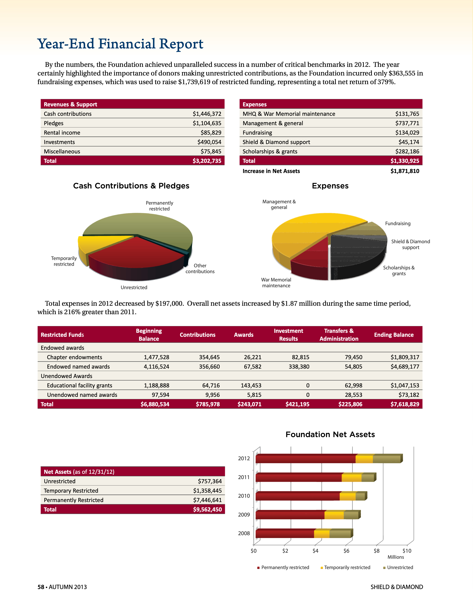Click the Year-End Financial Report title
120,44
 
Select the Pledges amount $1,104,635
207,123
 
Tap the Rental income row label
62,133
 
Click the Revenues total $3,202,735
207,161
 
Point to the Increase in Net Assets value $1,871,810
405,171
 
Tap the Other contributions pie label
200,269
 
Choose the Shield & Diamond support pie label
411,244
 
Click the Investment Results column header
288,335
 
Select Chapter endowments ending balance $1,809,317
405,357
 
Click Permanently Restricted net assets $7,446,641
207,500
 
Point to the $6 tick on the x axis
346,551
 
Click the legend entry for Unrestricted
400,567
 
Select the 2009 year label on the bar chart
244,515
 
